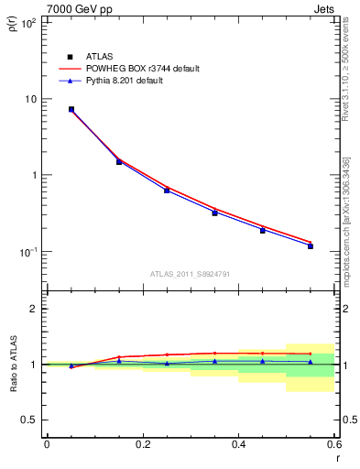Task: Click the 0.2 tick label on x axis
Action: tap(142, 444)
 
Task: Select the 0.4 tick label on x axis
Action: tap(238, 444)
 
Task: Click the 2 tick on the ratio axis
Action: tap(34, 309)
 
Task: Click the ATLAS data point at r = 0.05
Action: tap(71, 109)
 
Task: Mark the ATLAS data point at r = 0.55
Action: tap(311, 245)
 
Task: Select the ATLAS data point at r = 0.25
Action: tap(167, 190)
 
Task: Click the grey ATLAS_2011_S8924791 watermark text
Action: tap(191, 273)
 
